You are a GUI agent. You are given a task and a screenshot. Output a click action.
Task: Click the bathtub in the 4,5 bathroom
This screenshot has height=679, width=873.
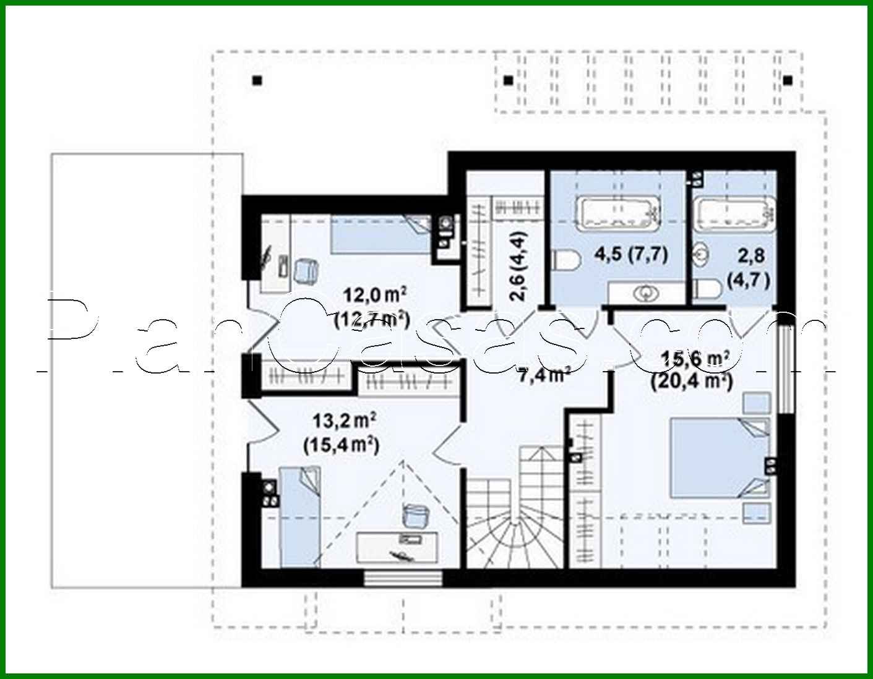point(618,212)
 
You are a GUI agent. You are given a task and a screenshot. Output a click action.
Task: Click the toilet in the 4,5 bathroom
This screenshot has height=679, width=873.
point(565,260)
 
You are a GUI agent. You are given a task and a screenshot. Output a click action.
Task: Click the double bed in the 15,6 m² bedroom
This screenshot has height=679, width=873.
point(720,457)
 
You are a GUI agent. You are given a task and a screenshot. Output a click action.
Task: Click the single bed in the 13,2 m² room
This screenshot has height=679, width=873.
point(299,516)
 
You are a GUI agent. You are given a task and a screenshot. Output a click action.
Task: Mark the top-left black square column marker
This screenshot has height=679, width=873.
point(257,80)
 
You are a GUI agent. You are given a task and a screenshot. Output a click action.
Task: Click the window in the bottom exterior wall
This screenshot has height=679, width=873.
point(403,578)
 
